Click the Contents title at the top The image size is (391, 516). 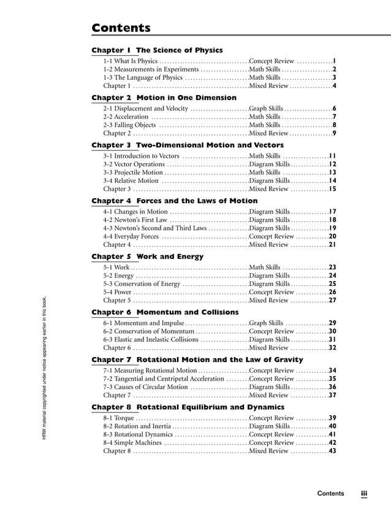point(121,28)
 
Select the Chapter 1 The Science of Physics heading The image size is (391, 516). point(157,50)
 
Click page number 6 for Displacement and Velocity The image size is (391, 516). point(334,109)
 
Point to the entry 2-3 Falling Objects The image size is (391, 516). point(129,125)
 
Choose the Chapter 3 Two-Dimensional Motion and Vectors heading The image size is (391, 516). point(188,145)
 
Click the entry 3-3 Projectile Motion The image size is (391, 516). point(133,173)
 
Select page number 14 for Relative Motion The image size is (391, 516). point(332,181)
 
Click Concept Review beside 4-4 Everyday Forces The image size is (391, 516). point(271,236)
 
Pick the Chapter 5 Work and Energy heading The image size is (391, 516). point(147,256)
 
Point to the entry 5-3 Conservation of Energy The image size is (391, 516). point(142,284)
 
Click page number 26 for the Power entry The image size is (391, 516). point(332,292)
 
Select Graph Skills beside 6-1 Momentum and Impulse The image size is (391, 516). point(266,323)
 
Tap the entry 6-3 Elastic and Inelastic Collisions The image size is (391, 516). point(151,339)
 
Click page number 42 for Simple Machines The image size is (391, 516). point(332,442)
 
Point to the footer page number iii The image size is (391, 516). point(363,493)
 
